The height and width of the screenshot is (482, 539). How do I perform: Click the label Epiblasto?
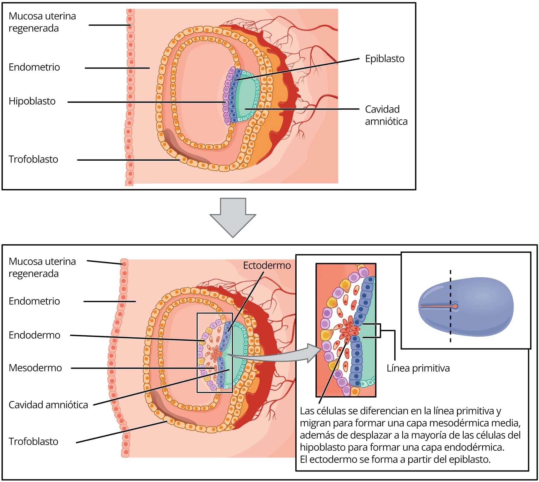(x=385, y=59)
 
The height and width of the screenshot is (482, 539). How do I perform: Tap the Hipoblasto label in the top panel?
(x=32, y=101)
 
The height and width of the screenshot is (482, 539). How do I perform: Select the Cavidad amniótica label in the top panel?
(x=386, y=115)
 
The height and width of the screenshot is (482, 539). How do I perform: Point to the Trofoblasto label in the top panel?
(x=33, y=159)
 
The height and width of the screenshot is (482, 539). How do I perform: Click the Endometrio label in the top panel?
(x=34, y=67)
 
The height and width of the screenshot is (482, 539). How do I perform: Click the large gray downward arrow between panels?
(x=233, y=217)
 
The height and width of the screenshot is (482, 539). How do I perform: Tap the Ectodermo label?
(x=267, y=266)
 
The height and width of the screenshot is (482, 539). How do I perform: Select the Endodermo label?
(x=35, y=335)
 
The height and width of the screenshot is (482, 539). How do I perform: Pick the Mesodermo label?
(x=35, y=368)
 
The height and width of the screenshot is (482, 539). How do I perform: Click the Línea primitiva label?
(x=418, y=368)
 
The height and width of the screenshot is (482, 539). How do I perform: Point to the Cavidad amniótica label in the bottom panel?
(x=48, y=405)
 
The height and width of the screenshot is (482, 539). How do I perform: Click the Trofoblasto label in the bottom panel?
(x=33, y=442)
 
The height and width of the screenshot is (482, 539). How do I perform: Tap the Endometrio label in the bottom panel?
(x=34, y=301)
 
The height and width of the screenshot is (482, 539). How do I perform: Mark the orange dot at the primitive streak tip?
(x=455, y=306)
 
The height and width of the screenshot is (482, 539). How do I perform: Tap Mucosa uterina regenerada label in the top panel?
(x=42, y=22)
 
